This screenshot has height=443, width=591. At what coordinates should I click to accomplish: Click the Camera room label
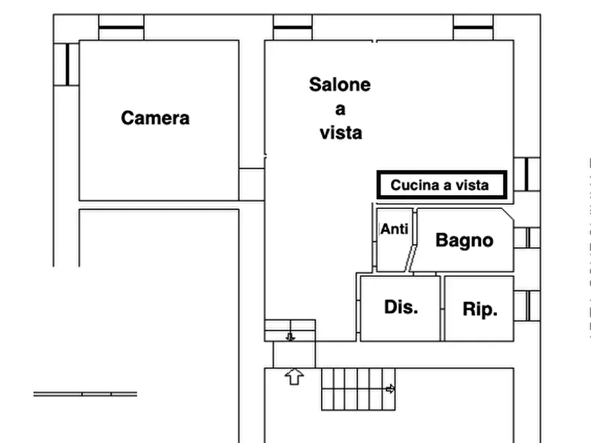(155, 118)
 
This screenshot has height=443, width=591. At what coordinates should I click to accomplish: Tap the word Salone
(340, 85)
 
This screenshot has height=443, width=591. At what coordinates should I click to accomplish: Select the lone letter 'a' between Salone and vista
(340, 109)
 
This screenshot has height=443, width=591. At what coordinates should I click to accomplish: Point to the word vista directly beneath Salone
(341, 133)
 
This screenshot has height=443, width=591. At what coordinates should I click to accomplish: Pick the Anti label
(394, 229)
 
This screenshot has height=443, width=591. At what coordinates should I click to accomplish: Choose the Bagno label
(464, 240)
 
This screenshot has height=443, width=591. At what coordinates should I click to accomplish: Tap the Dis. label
(401, 307)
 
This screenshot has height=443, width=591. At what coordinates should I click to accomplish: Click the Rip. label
(480, 309)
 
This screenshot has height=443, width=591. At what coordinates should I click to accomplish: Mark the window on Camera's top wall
(121, 27)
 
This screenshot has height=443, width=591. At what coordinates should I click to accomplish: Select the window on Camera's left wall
(67, 64)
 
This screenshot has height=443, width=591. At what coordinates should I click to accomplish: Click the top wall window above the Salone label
(293, 27)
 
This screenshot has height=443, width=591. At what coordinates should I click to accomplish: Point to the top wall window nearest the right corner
(473, 27)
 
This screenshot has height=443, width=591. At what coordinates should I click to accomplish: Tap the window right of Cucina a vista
(527, 175)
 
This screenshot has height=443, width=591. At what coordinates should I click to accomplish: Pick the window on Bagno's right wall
(527, 237)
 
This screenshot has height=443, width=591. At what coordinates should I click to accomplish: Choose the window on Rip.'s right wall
(527, 305)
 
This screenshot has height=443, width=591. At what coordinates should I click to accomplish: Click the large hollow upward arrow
(294, 377)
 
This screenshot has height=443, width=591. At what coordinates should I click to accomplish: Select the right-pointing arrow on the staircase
(390, 389)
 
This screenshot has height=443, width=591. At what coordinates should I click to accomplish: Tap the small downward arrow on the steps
(290, 337)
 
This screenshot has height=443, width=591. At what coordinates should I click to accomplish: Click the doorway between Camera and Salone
(251, 184)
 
